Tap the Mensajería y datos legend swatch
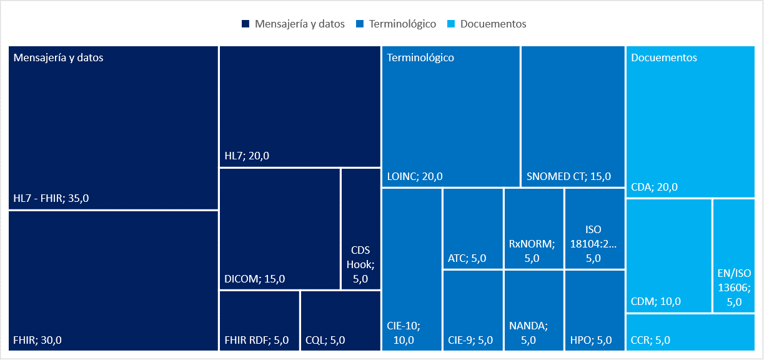tap(246, 24)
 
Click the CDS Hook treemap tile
tap(360, 229)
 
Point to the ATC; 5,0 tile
tap(473, 229)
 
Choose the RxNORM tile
tap(533, 229)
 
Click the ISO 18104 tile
tap(594, 229)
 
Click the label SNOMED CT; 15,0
tap(568, 176)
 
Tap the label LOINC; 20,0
tap(415, 176)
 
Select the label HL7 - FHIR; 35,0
tap(51, 199)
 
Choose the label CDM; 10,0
tap(656, 301)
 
